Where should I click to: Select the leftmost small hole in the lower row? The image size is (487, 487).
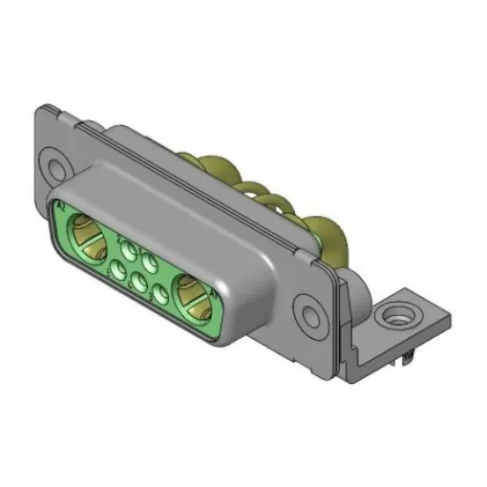tap(116, 273)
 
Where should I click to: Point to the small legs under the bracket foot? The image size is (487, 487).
tap(406, 358)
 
